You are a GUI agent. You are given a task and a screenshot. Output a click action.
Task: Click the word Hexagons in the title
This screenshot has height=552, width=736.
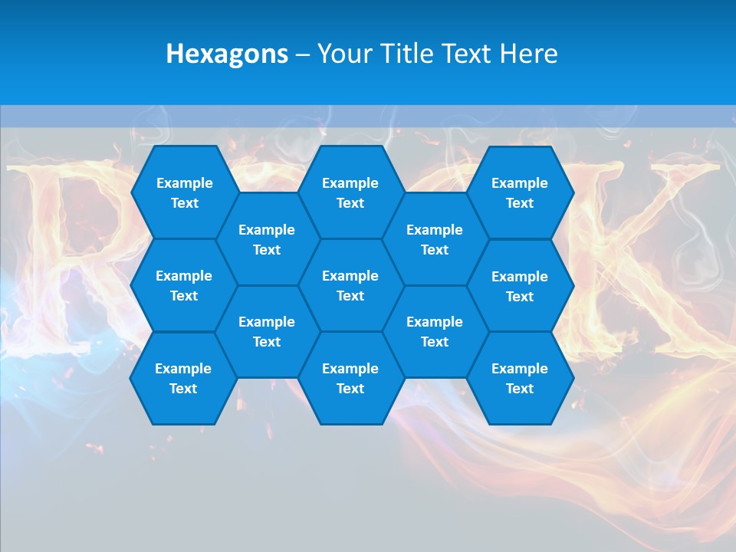coord(227,54)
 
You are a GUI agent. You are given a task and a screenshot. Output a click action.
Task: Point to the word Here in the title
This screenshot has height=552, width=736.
coord(529,54)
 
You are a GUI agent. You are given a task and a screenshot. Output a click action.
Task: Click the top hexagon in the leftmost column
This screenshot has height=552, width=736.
coord(184,192)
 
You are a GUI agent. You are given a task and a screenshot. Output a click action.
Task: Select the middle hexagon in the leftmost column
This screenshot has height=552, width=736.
coord(184,285)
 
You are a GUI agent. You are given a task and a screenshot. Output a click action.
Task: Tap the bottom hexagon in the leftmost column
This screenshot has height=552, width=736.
coord(183,378)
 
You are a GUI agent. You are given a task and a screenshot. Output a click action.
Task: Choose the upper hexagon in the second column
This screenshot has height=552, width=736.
coord(267,239)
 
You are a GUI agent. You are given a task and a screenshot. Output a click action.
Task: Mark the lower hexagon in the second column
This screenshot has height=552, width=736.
coord(267,331)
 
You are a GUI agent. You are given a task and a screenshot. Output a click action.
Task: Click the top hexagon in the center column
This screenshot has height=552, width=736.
coord(350,192)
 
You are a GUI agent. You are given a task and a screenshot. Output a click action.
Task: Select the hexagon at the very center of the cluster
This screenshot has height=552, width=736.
coord(350,285)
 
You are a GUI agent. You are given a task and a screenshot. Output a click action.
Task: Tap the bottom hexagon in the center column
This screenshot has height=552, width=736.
coord(350,378)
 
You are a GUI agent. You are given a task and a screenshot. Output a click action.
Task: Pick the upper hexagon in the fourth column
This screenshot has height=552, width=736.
coord(435,239)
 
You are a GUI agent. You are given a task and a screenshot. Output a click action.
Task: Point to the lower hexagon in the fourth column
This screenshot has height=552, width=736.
coord(435,331)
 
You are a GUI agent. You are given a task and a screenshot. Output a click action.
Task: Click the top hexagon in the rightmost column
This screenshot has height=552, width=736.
coord(520,192)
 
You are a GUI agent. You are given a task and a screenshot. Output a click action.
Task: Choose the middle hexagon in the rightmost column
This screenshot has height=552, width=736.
coord(520,286)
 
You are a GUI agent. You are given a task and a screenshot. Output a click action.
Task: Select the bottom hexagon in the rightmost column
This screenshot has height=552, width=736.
coord(520,378)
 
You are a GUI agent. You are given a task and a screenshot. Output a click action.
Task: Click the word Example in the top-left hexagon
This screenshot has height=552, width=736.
coord(184,183)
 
